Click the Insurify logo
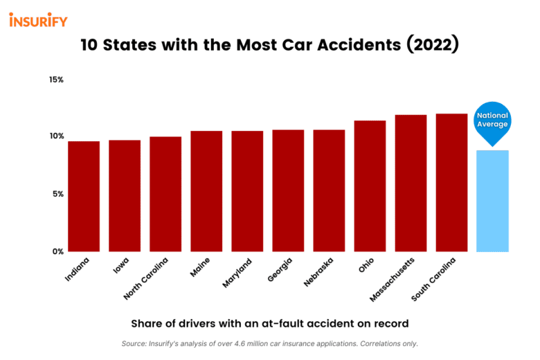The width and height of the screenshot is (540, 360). point(38,20)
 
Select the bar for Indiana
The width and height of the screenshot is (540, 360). point(84,196)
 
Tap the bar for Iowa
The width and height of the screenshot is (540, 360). point(125,195)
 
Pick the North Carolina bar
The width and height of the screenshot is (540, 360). point(165,194)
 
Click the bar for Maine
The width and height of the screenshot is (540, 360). point(206,191)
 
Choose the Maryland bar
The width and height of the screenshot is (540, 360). point(247,191)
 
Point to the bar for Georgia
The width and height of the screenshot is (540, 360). point(288,190)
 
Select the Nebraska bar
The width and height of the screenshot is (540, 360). point(329,190)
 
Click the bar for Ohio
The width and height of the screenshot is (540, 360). point(370,186)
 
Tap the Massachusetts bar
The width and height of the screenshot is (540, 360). point(411,183)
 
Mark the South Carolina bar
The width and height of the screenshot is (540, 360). point(451,182)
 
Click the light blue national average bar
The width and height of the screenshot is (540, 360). point(493,201)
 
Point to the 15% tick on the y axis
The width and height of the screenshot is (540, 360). point(56,80)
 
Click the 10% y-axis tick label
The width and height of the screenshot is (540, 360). point(56,136)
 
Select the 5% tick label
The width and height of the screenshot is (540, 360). point(57,194)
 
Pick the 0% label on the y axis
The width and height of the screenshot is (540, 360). point(57,251)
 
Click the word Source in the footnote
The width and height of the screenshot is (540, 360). point(134,343)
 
